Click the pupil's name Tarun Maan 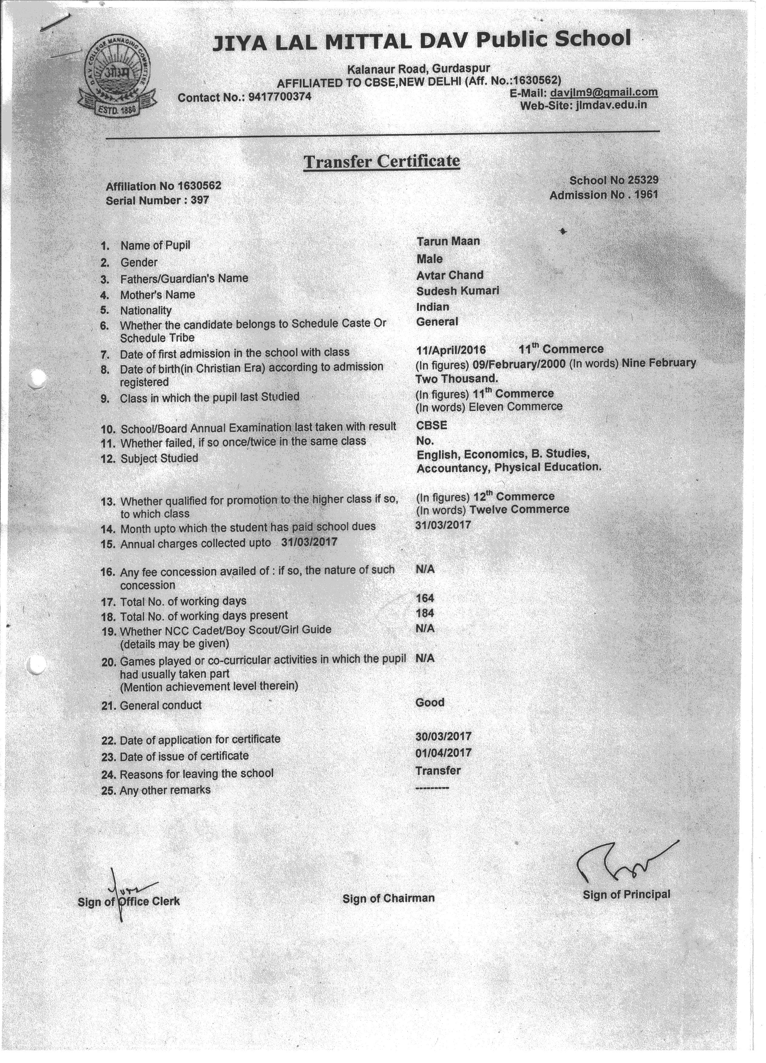click(x=448, y=241)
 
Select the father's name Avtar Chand click(x=449, y=275)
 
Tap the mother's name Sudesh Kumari click(x=457, y=291)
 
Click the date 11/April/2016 click(x=451, y=350)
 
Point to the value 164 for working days click(x=425, y=598)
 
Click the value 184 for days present click(x=425, y=613)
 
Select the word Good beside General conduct click(x=430, y=702)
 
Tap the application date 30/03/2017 click(x=443, y=736)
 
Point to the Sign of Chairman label click(x=388, y=898)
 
